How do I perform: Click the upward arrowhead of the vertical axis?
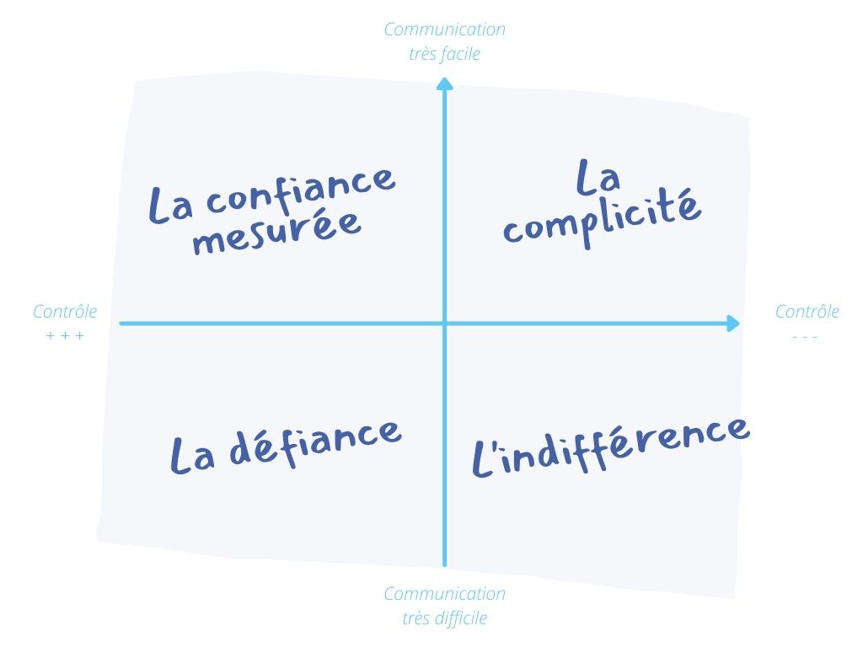[x=445, y=83]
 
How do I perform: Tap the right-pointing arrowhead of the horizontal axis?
[x=733, y=323]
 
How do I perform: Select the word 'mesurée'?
[x=276, y=233]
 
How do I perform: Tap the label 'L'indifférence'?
[x=611, y=446]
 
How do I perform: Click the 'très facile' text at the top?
[x=445, y=54]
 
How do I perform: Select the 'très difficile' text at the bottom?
[x=445, y=618]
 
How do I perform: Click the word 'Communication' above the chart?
[x=445, y=29]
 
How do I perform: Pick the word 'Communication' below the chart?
[x=445, y=594]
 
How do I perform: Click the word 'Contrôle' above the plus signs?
[x=65, y=312]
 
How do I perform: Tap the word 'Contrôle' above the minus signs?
[x=807, y=312]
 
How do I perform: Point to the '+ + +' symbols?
[x=65, y=335]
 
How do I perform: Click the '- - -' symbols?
[x=805, y=337]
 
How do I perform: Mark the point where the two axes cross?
[x=445, y=323]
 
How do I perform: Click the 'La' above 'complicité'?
[x=598, y=177]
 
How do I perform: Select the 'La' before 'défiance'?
[x=191, y=455]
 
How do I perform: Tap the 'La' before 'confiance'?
[x=170, y=204]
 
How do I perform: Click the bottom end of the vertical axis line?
[x=445, y=565]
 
